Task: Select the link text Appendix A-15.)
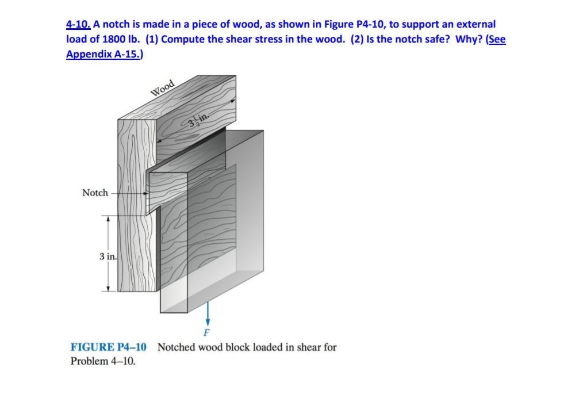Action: [105, 55]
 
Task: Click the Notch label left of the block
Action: [95, 193]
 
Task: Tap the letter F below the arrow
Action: [208, 334]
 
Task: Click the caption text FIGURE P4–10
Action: [108, 347]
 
